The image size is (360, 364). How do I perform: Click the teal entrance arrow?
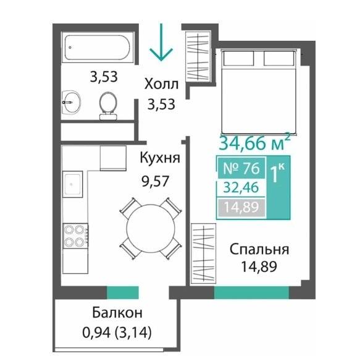point(161,42)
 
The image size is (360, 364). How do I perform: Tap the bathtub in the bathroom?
point(97,48)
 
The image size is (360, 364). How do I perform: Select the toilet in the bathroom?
point(108,106)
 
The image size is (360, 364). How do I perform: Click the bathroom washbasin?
point(71,102)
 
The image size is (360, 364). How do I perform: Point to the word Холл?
point(161,84)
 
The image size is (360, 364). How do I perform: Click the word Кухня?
point(160,158)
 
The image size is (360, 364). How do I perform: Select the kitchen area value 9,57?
point(155,181)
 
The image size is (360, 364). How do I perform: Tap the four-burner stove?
point(75,236)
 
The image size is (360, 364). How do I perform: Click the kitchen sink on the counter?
point(73,184)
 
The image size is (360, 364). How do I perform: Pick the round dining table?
point(151,229)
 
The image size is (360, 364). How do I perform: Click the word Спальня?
point(259,250)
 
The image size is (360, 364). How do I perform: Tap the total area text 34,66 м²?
point(254,143)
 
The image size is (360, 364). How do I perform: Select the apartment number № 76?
point(241,168)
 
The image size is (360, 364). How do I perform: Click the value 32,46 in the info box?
point(241,188)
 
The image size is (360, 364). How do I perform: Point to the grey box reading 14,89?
point(241,207)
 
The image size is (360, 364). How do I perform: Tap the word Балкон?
point(117,313)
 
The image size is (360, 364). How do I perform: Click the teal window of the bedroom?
point(251,293)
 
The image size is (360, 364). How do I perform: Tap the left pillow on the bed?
point(238,58)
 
